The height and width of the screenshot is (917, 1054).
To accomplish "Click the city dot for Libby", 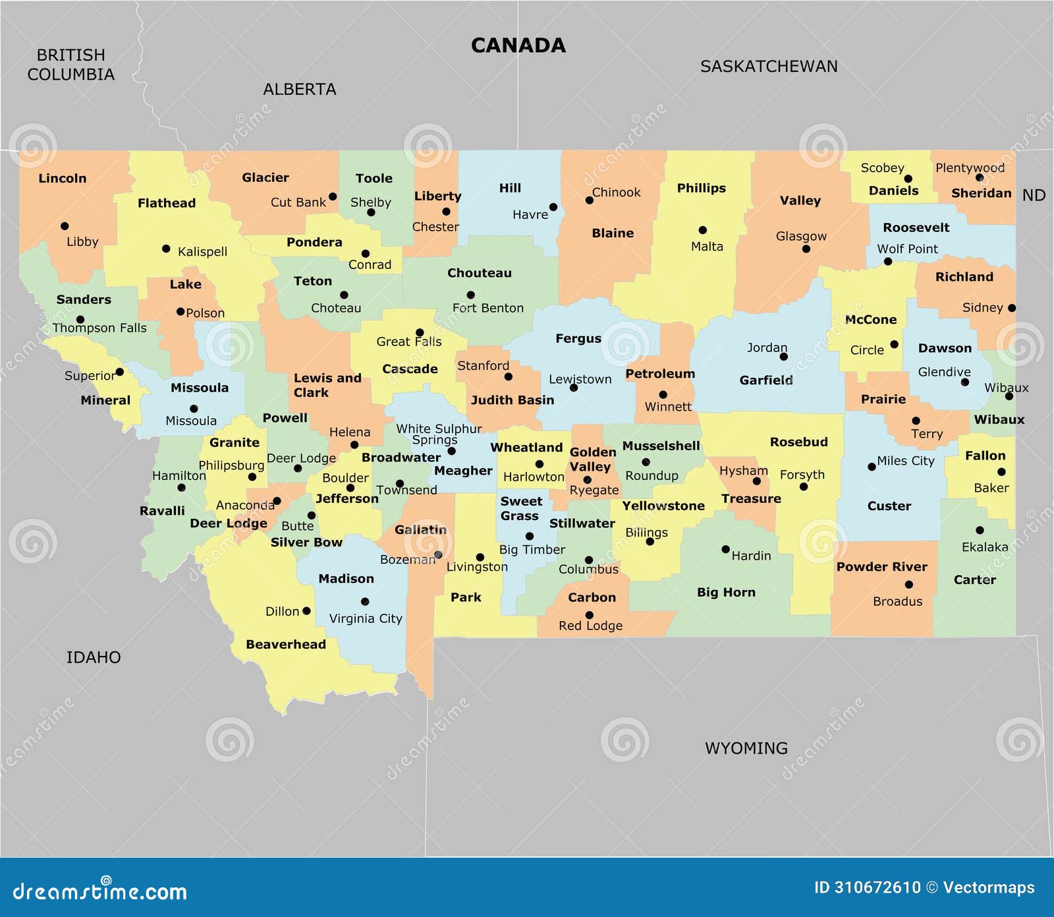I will pos(65,226).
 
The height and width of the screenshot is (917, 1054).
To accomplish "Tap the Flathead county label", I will pos(166,203).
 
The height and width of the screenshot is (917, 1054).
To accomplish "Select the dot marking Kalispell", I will pos(166,249).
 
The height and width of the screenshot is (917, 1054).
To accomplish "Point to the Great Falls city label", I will pos(408,341).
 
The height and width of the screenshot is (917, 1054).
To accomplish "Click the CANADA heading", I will pos(518,45).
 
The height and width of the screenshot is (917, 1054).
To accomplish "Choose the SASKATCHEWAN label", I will pos(768,67).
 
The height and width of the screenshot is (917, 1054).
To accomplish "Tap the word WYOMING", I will pos(746,748).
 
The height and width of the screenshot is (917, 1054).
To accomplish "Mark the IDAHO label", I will pos(94,657).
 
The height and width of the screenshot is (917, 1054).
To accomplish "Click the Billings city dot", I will pos(650,542).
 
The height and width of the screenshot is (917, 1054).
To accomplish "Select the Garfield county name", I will pos(765,380).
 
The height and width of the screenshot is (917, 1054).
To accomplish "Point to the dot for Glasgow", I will pos(806,249).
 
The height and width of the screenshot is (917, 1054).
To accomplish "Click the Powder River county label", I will pos(881,567).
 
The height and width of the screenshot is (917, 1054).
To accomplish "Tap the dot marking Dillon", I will pos(306,611).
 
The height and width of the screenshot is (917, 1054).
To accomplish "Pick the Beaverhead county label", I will pos(285,645).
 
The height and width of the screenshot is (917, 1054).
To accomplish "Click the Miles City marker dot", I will pos(872,467).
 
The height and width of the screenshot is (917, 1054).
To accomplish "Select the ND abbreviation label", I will pos(1034,195).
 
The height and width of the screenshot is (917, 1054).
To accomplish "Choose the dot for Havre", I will pos(553,207).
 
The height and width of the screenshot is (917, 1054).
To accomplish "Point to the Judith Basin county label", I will pos(512,400).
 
